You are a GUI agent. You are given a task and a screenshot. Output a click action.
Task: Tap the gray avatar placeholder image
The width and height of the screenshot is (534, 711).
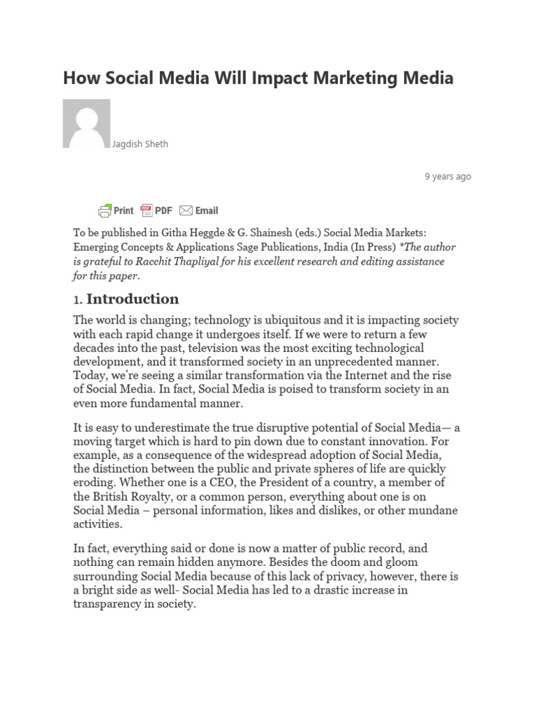click(x=86, y=124)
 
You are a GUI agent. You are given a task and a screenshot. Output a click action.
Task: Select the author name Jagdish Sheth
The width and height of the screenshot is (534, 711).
click(x=140, y=144)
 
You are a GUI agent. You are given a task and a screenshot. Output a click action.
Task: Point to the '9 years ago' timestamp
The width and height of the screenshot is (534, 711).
click(x=448, y=176)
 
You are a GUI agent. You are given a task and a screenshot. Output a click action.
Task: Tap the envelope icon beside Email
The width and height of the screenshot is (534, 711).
click(x=186, y=210)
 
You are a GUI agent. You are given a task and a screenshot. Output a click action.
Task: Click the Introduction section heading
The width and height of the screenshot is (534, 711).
click(x=132, y=299)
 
